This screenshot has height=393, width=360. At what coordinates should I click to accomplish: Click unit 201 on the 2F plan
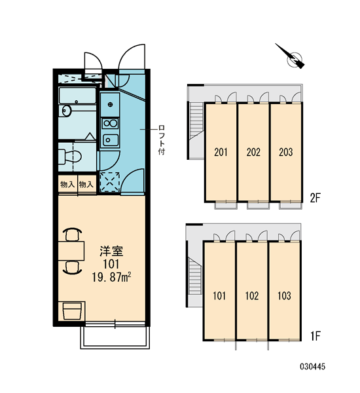tap(221, 152)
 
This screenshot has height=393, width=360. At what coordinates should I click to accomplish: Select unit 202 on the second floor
tap(253, 152)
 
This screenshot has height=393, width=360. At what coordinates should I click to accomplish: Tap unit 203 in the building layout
tap(286, 152)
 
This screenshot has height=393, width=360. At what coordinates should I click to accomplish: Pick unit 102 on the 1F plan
tap(252, 296)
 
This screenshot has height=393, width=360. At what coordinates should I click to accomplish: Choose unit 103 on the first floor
tap(284, 296)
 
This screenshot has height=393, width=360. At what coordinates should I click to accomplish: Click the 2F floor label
tap(315, 198)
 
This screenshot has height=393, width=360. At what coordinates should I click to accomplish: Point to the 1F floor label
tap(315, 336)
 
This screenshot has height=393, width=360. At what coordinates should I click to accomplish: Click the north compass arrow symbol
tap(291, 56)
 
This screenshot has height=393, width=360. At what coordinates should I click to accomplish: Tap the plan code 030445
tap(313, 367)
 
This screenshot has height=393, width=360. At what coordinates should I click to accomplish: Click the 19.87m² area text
tap(111, 278)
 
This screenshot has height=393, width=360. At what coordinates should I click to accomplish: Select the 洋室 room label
tap(111, 252)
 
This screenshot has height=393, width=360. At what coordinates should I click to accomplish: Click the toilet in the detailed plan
tap(70, 157)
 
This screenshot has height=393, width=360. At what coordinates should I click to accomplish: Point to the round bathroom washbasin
tap(66, 111)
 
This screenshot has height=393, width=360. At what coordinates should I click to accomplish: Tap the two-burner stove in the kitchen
tap(110, 124)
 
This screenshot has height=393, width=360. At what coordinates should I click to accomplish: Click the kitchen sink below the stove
tap(110, 140)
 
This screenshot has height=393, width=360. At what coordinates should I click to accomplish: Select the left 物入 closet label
tap(67, 185)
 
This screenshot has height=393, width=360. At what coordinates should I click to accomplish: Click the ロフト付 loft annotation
tap(162, 140)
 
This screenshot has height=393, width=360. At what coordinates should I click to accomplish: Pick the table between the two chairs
tap(71, 251)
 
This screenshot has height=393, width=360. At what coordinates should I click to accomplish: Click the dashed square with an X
tap(109, 181)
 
